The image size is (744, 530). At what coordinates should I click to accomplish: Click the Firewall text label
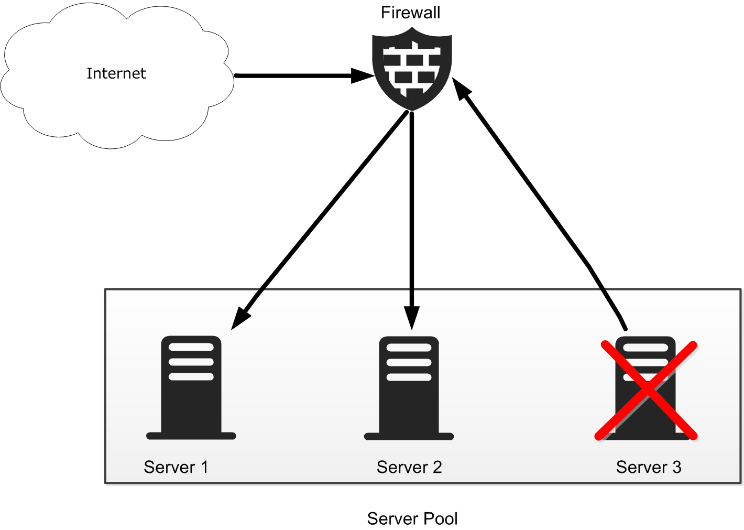click(x=410, y=13)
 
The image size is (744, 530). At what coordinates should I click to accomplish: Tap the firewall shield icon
click(x=412, y=69)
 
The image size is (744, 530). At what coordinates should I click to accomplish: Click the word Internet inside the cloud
click(x=116, y=73)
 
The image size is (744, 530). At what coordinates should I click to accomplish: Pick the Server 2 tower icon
click(x=409, y=388)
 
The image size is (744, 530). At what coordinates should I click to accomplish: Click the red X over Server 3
click(x=646, y=391)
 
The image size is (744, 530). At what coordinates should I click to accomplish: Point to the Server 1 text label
click(x=176, y=467)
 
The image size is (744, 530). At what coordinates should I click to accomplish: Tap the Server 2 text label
click(x=409, y=467)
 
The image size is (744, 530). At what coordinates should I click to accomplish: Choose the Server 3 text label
click(x=649, y=467)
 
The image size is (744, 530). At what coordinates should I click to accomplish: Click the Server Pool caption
click(x=412, y=518)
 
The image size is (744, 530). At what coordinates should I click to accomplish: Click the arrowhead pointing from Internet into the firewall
click(x=363, y=76)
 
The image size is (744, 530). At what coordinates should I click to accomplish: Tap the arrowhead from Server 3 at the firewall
click(x=462, y=88)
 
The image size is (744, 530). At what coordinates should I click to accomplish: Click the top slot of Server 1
click(x=191, y=347)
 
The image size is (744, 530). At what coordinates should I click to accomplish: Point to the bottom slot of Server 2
click(x=409, y=377)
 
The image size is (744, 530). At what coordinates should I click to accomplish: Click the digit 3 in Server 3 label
click(x=677, y=467)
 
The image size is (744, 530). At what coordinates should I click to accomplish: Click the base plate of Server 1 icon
click(x=191, y=436)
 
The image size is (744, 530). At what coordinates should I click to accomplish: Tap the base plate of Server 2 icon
click(x=409, y=436)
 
